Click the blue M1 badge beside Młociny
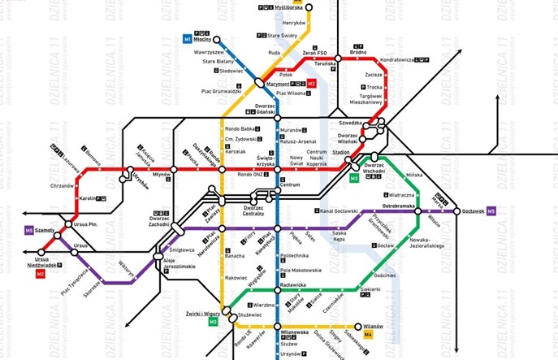(x=186, y=38)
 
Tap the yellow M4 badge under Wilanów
(x=368, y=334)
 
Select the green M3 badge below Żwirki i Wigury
(x=213, y=322)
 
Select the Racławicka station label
(x=292, y=286)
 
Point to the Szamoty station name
(x=45, y=231)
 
